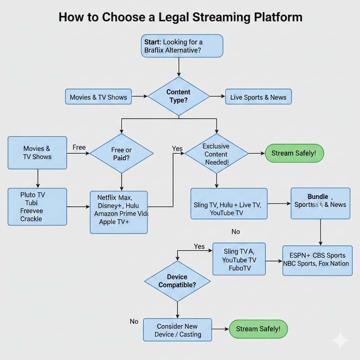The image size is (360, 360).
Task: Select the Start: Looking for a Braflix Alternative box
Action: [x=182, y=46]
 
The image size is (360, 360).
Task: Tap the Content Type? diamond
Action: [x=179, y=96]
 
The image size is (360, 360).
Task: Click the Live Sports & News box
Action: [x=258, y=97]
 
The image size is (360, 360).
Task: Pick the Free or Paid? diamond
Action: [x=122, y=154]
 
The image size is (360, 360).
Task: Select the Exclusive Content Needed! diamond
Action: [x=216, y=154]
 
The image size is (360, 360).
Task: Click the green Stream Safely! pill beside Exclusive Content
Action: [x=294, y=153]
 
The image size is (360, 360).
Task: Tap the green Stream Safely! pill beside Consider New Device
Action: [x=258, y=329]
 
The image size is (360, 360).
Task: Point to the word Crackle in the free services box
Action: [x=31, y=219]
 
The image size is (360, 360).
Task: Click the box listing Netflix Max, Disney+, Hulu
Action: [x=119, y=212]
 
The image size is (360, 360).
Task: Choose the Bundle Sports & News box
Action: [x=320, y=203]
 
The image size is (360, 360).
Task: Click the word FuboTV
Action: [x=240, y=268]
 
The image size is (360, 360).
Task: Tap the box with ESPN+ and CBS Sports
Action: [x=317, y=260]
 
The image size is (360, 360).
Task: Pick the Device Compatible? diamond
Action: [x=177, y=281]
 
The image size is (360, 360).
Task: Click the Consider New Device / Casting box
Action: [x=178, y=330]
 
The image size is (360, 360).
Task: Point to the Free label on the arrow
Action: [x=79, y=148]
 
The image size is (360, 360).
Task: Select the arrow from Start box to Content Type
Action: [x=179, y=66]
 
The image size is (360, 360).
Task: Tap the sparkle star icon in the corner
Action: [x=340, y=340]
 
